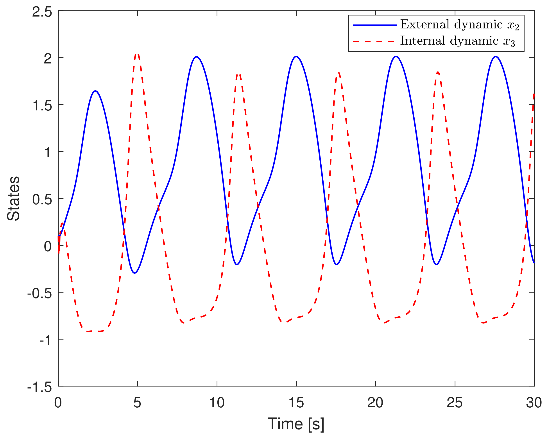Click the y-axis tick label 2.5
tap(42, 12)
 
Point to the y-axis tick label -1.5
tap(40, 387)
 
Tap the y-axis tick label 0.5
tap(42, 200)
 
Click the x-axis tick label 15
tap(296, 403)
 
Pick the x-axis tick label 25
tap(455, 403)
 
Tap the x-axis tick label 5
tap(137, 403)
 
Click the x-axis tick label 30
tap(534, 403)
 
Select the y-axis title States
tap(13, 198)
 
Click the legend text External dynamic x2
tap(460, 25)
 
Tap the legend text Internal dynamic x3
tap(458, 41)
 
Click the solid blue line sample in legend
tap(375, 25)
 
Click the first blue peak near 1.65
tap(95, 91)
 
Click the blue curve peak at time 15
tap(296, 56)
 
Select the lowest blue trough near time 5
tap(135, 273)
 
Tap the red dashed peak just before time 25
tap(438, 72)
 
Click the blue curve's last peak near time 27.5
tap(496, 56)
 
